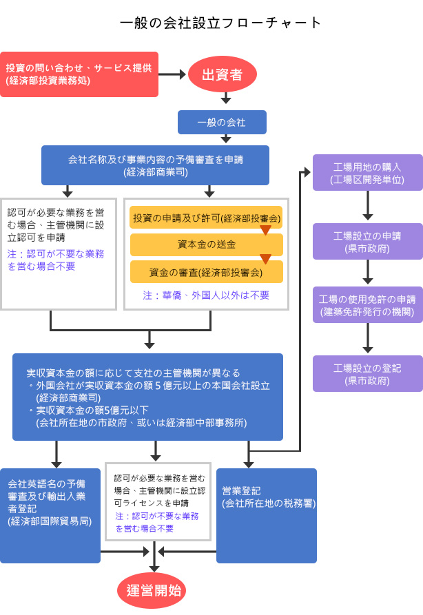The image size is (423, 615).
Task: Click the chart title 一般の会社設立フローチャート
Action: click(220, 22)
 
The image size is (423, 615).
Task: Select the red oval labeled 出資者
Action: click(222, 74)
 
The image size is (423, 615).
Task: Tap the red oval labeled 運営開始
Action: click(154, 590)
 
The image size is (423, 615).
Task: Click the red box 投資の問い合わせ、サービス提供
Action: click(79, 74)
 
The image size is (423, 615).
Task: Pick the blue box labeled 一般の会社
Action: click(222, 122)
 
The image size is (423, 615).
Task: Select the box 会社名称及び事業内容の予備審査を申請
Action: click(155, 165)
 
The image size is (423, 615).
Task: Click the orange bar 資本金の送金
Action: click(206, 244)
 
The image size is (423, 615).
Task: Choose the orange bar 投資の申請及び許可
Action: click(206, 218)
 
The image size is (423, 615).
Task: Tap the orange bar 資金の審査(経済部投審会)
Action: click(206, 272)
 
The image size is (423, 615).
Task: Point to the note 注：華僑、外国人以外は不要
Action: click(206, 295)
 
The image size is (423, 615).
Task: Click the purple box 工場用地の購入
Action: click(368, 172)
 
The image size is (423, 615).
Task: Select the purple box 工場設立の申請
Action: click(368, 241)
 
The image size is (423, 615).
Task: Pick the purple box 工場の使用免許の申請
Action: click(368, 305)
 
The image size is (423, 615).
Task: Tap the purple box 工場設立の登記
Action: click(368, 374)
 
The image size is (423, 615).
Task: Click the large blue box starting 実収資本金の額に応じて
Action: click(147, 397)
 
